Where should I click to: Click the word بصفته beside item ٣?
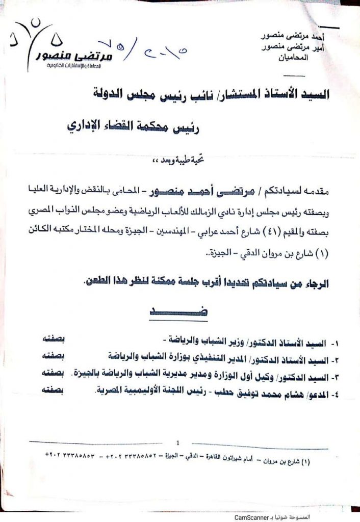66,373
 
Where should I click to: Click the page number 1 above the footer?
178,442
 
